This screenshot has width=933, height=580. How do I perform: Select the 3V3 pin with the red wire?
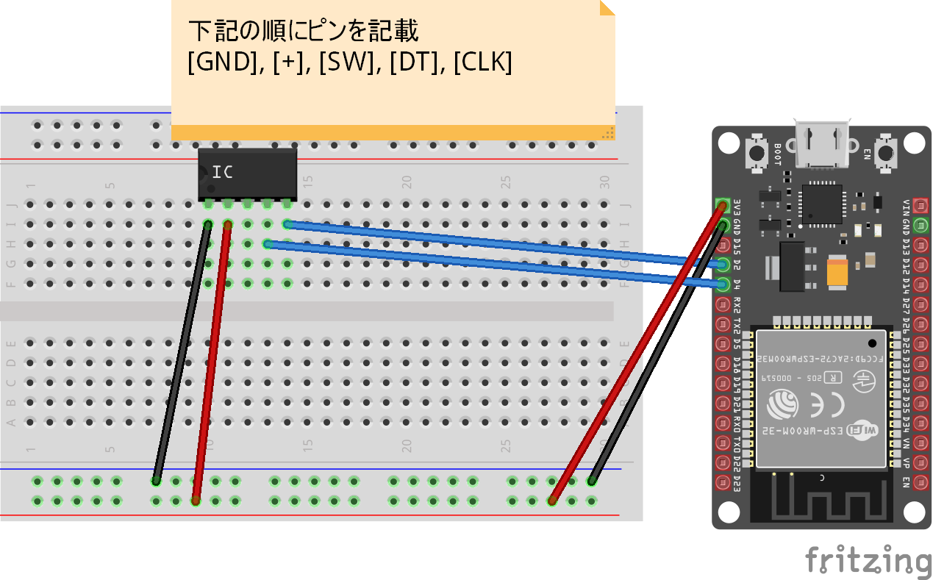tap(723, 205)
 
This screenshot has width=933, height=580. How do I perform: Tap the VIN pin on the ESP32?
tap(920, 205)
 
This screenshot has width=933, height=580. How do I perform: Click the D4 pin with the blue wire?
tap(723, 284)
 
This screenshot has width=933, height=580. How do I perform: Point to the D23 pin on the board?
tap(723, 483)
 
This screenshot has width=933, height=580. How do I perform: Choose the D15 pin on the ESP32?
tap(723, 245)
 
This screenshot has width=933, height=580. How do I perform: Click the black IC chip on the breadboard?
tap(248, 173)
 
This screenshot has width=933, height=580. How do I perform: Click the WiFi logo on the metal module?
tap(861, 431)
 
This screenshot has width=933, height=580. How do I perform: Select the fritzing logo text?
tap(868, 560)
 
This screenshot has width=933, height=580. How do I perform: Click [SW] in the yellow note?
tap(346, 63)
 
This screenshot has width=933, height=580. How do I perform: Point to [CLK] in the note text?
tap(483, 63)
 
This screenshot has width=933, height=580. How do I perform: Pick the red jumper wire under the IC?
tap(212, 360)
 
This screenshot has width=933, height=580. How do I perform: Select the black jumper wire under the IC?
tap(181, 353)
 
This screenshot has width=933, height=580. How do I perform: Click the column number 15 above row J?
tap(307, 181)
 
